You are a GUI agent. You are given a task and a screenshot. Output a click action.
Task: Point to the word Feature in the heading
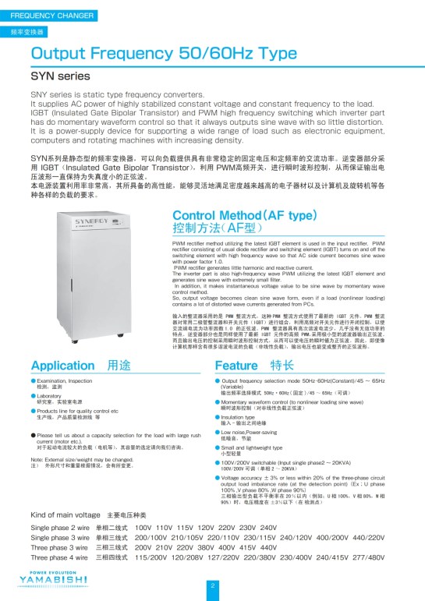237,365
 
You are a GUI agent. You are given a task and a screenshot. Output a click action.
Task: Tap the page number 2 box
212,585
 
